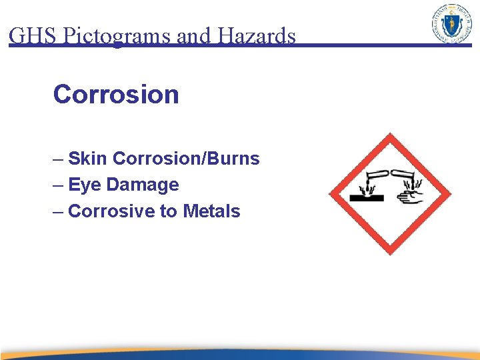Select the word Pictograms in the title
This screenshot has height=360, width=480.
coord(117,35)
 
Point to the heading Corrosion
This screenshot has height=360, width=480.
coord(116,95)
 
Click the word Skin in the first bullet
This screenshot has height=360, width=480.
coord(88,159)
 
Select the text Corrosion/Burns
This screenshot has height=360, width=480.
coord(186,159)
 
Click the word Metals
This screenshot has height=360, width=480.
coord(211,211)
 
